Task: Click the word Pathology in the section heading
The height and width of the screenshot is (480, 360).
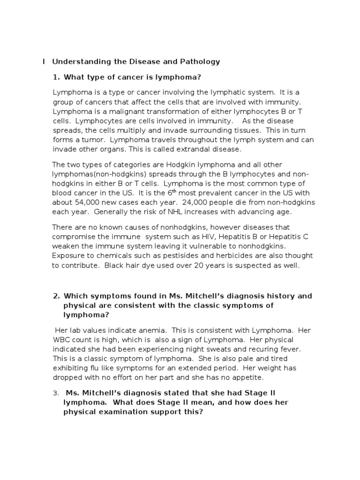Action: point(202,61)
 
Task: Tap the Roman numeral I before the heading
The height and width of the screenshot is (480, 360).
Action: point(44,61)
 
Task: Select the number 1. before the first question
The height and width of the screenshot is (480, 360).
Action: point(56,77)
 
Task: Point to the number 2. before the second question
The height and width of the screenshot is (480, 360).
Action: point(56,296)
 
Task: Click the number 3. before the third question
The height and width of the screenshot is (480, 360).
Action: point(56,392)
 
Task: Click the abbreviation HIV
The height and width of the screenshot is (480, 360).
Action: point(201,236)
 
